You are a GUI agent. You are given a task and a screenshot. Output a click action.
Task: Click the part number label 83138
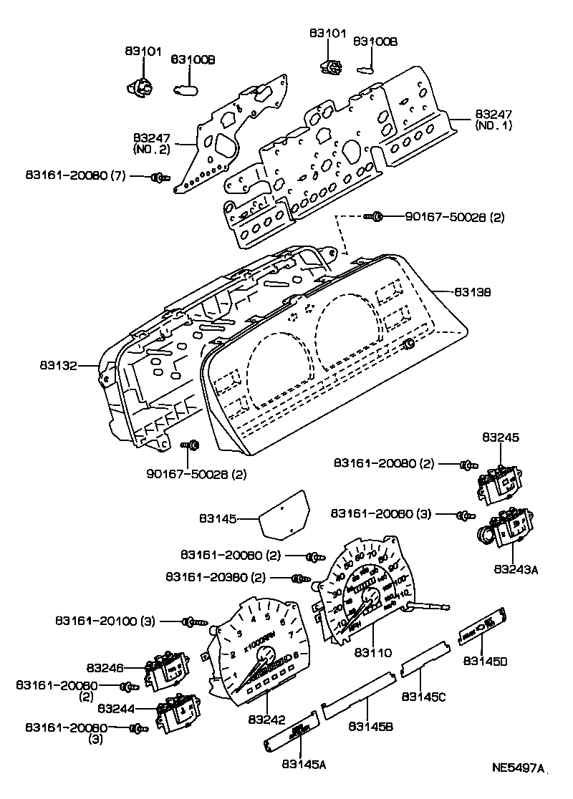pos(471,292)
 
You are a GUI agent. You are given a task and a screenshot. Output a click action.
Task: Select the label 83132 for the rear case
pos(59,365)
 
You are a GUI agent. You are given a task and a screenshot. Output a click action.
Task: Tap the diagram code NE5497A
pos(518,769)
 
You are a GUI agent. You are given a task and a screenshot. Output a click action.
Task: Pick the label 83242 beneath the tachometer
pos(266,719)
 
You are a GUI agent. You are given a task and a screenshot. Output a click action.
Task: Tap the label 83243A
pos(514,570)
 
